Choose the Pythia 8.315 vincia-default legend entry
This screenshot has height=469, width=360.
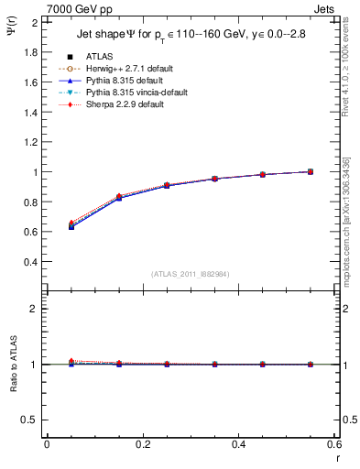124,93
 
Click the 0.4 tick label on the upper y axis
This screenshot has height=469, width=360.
30,262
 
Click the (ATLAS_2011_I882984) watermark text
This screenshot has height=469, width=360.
190,274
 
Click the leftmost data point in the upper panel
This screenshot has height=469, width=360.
71,226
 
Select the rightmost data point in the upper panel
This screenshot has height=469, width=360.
311,171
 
